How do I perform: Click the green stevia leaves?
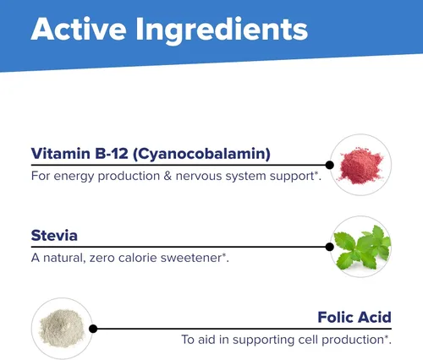(x=363, y=246)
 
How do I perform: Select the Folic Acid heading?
(x=353, y=318)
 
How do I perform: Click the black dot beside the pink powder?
(x=330, y=165)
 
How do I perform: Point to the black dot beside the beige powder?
(x=93, y=329)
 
